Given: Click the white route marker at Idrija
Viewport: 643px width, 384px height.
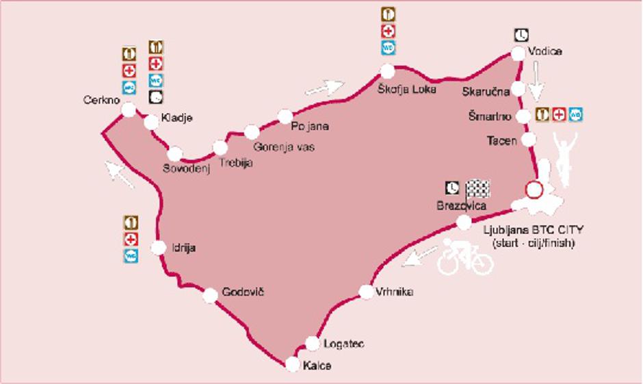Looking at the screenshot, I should [x=159, y=248].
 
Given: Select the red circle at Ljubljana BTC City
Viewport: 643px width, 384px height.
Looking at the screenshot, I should [x=533, y=190].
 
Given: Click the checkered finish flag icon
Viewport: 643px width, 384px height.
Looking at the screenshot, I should [x=477, y=188].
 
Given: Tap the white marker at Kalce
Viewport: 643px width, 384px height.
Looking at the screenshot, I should [x=293, y=365].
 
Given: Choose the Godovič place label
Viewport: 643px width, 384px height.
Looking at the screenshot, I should [x=243, y=292].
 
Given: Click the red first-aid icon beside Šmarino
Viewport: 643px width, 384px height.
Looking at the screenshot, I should [x=559, y=114].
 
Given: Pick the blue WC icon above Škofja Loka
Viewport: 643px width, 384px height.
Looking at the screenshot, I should [x=389, y=48].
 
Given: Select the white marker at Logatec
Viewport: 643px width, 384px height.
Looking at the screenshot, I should [x=313, y=343].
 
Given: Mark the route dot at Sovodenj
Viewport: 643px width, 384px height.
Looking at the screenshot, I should [x=175, y=153].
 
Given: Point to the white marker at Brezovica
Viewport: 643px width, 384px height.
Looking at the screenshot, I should [x=464, y=222].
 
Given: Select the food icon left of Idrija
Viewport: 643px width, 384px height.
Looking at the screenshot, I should [x=131, y=223].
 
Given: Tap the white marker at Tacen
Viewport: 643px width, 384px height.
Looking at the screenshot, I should [x=529, y=140].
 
